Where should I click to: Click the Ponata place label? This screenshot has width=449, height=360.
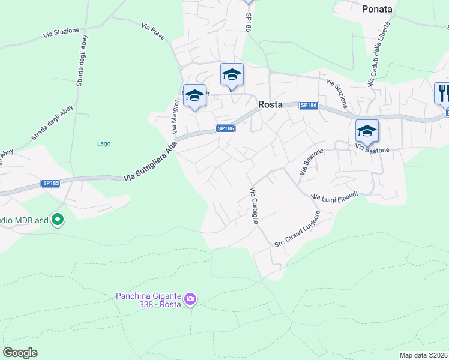pyautogui.click(x=377, y=9)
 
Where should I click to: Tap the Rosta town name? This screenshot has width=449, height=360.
pyautogui.click(x=270, y=104)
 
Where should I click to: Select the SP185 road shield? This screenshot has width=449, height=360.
pyautogui.click(x=50, y=183)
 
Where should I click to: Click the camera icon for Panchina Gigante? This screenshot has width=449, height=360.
pyautogui.click(x=190, y=299)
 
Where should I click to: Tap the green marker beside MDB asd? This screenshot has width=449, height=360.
pyautogui.click(x=58, y=220)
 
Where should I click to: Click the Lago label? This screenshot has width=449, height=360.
pyautogui.click(x=104, y=143)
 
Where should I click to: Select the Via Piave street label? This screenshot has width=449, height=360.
pyautogui.click(x=153, y=28)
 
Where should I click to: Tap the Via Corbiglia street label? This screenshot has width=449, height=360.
pyautogui.click(x=254, y=206)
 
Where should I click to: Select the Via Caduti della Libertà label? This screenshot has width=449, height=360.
pyautogui.click(x=379, y=53)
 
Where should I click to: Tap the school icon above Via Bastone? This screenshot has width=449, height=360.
pyautogui.click(x=367, y=130)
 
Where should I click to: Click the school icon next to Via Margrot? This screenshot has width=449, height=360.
pyautogui.click(x=194, y=95)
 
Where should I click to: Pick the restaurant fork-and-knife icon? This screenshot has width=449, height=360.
pyautogui.click(x=443, y=93)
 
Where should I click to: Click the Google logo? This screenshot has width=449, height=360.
pyautogui.click(x=20, y=353)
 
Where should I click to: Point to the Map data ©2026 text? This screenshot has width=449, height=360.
pyautogui.click(x=424, y=355)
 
